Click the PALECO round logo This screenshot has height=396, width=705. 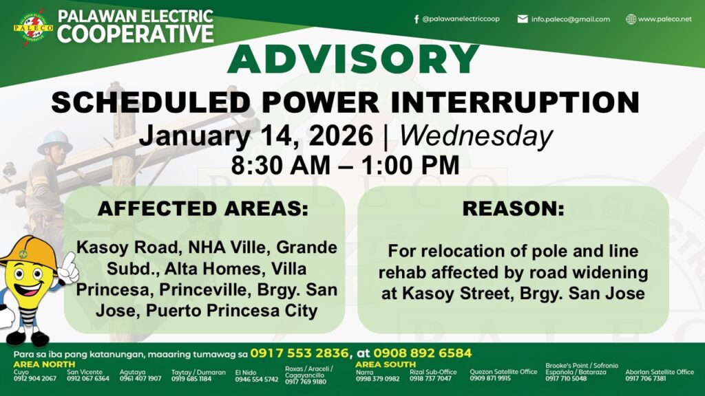coord(33,27)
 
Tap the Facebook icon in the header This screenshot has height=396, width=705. coord(417,19)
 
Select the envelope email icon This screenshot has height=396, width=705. coord(523,19)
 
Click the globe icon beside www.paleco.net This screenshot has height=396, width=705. coord(631,19)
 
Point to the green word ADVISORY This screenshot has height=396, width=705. coord(353,59)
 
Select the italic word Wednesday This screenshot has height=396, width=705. coord(476,137)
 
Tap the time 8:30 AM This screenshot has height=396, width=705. coord(281,165)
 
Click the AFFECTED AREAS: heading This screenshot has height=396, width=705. coord(203,209)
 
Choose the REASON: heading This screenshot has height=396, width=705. coord(513,209)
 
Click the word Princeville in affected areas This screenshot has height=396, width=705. coord(203,289)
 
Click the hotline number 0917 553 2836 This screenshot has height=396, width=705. coord(299,353)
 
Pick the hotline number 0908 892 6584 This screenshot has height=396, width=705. coord(422,353)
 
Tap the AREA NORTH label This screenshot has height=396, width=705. coord(45,364)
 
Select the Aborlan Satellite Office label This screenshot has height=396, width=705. coord(660,372)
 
